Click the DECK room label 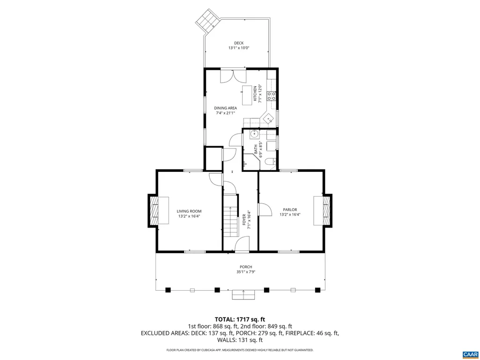point(239,43)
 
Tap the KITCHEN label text point(255,93)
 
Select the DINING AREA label point(225,108)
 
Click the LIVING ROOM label point(189,211)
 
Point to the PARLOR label point(290,210)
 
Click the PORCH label point(246,267)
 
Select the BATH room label point(256,149)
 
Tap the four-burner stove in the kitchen point(271,96)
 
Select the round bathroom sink point(254,133)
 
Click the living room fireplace point(158,211)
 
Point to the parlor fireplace point(323,211)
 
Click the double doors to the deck point(233,76)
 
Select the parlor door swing point(265,210)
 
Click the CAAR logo point(470,354)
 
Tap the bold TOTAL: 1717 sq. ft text point(240,320)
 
